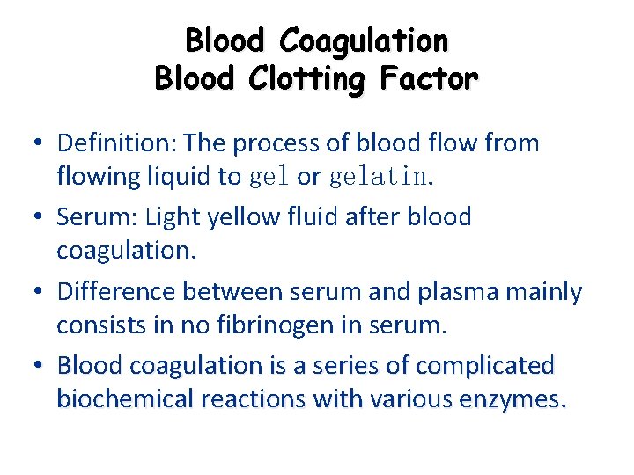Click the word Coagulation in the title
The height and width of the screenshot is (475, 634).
click(x=363, y=40)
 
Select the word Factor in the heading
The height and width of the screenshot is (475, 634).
click(x=430, y=79)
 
